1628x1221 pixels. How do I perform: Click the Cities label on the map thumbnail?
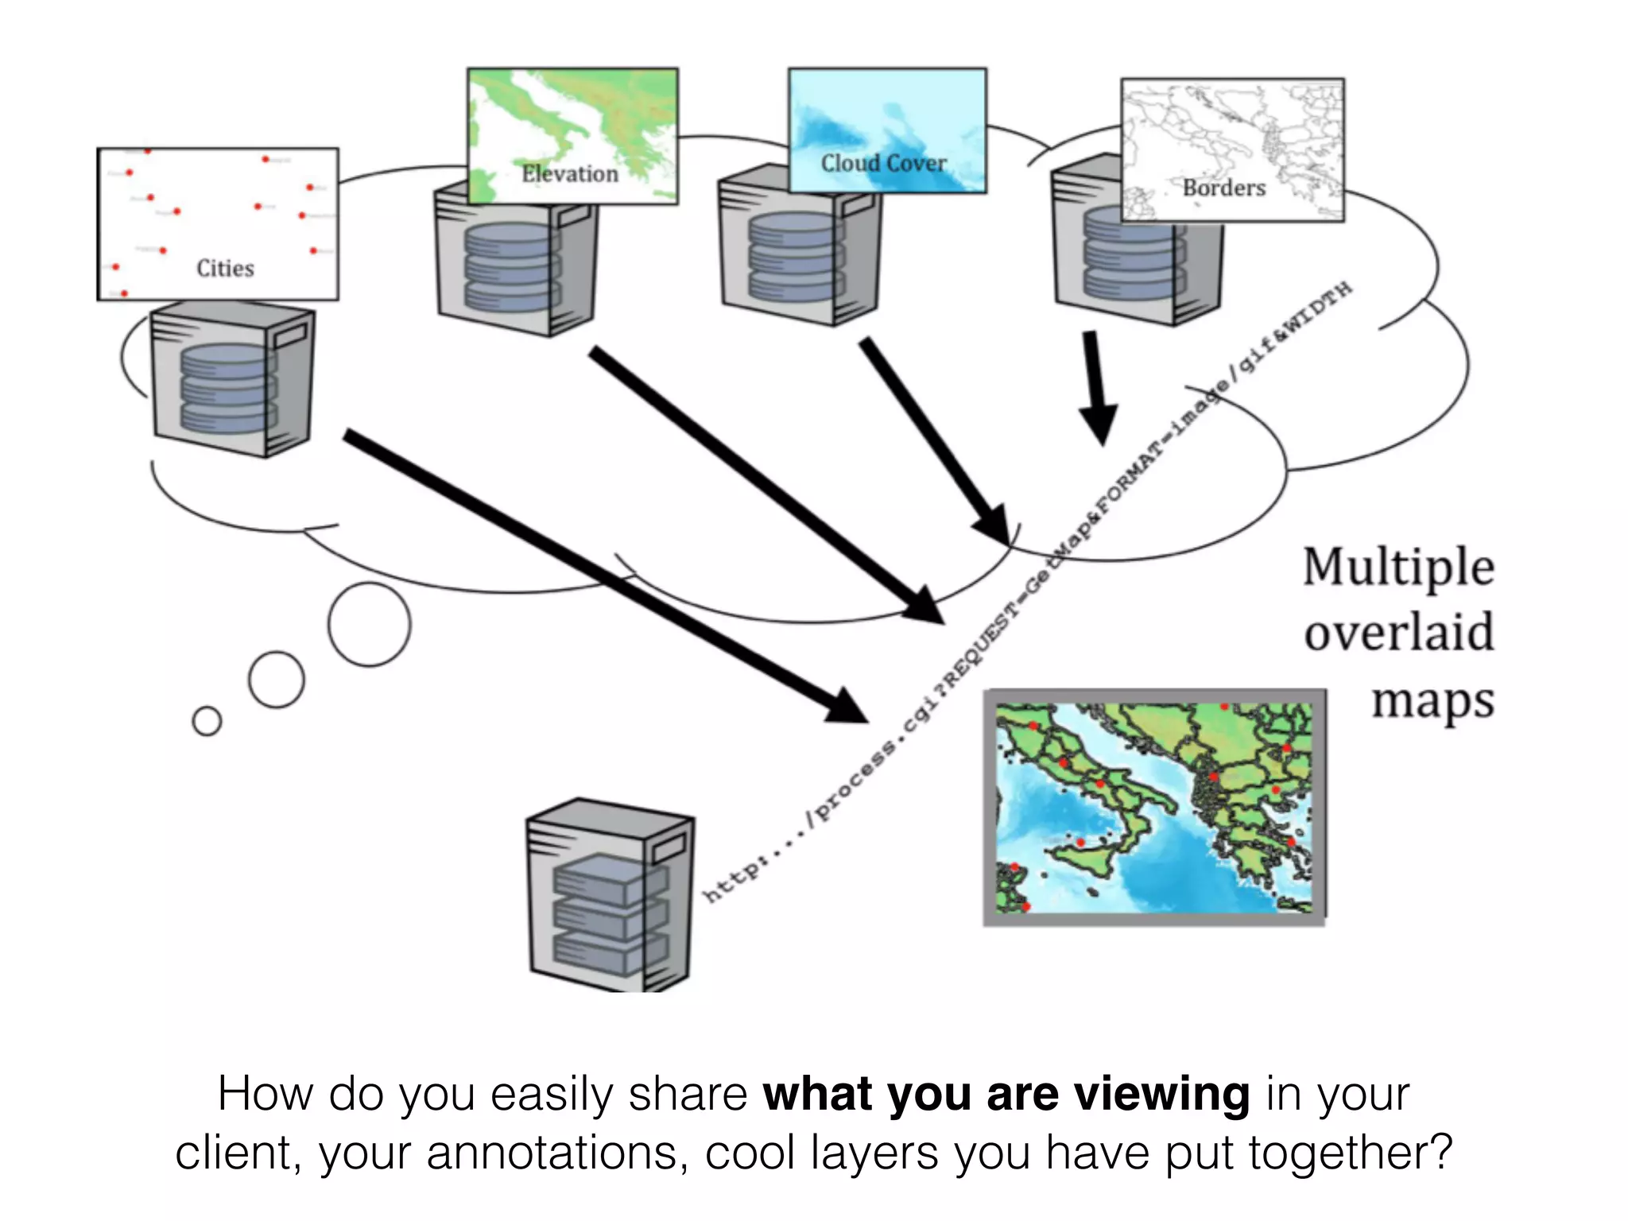tap(225, 269)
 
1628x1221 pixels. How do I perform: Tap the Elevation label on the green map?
tap(569, 174)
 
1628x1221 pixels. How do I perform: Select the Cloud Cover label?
tap(883, 164)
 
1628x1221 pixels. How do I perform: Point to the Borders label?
tap(1223, 188)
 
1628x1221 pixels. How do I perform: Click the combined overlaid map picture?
tap(1154, 807)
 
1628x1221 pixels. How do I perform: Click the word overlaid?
tap(1399, 633)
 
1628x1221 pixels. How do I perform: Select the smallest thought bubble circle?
tap(207, 721)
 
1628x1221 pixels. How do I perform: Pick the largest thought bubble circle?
tap(370, 624)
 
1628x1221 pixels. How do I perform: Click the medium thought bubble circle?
tap(276, 680)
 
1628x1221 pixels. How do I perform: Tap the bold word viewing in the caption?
tap(1161, 1095)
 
